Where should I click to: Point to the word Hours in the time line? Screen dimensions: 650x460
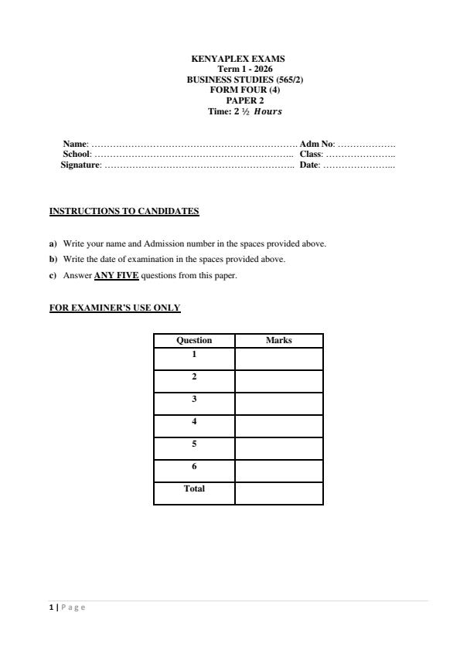click(267, 111)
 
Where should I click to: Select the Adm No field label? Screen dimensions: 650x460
click(316, 145)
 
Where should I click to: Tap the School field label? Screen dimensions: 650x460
click(77, 155)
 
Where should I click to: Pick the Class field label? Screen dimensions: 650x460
click(311, 155)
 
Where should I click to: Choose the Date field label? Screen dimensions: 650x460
click(309, 165)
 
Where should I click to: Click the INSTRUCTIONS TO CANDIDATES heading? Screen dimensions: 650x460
click(124, 211)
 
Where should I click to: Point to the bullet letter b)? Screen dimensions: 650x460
click(53, 260)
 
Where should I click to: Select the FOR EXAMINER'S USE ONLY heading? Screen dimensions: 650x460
click(114, 308)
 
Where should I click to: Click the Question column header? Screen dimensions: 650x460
click(194, 340)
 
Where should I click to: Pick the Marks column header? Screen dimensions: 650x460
click(278, 340)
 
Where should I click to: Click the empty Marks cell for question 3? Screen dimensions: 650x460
click(278, 403)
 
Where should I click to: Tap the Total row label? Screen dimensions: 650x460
click(194, 488)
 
